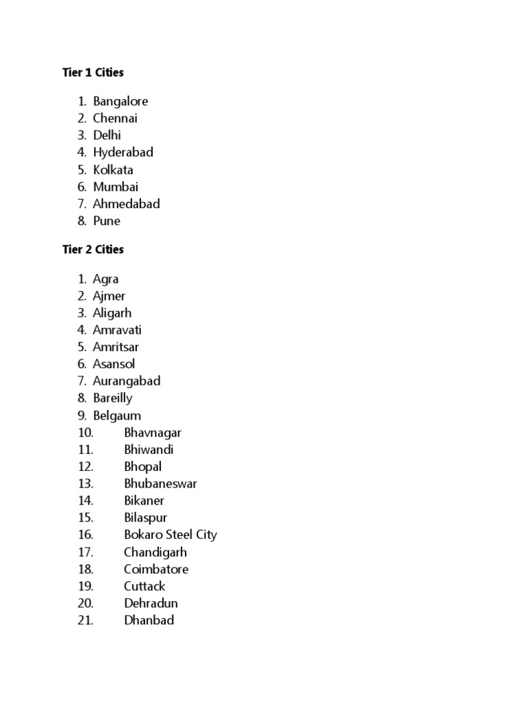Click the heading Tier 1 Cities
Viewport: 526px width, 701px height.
click(93, 72)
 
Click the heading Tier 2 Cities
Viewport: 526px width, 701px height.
click(93, 250)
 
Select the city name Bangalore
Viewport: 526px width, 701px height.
click(121, 101)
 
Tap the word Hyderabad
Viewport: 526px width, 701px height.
click(123, 153)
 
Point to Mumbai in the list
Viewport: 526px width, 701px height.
click(116, 187)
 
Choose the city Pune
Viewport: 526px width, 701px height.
click(107, 221)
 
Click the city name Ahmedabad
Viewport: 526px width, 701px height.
click(127, 204)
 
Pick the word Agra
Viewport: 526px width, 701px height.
click(106, 279)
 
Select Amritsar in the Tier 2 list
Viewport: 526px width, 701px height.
click(116, 347)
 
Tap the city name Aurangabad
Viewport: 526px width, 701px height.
click(127, 381)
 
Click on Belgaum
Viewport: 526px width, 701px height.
click(117, 416)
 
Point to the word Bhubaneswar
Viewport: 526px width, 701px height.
click(160, 484)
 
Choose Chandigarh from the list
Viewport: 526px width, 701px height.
click(155, 552)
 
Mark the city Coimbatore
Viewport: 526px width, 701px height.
click(156, 569)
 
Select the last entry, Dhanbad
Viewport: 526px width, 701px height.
click(149, 620)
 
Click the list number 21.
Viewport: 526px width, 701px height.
click(86, 620)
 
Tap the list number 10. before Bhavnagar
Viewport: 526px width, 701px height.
click(86, 433)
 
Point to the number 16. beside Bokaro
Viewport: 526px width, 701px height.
click(86, 535)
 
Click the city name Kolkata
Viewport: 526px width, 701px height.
click(114, 170)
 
